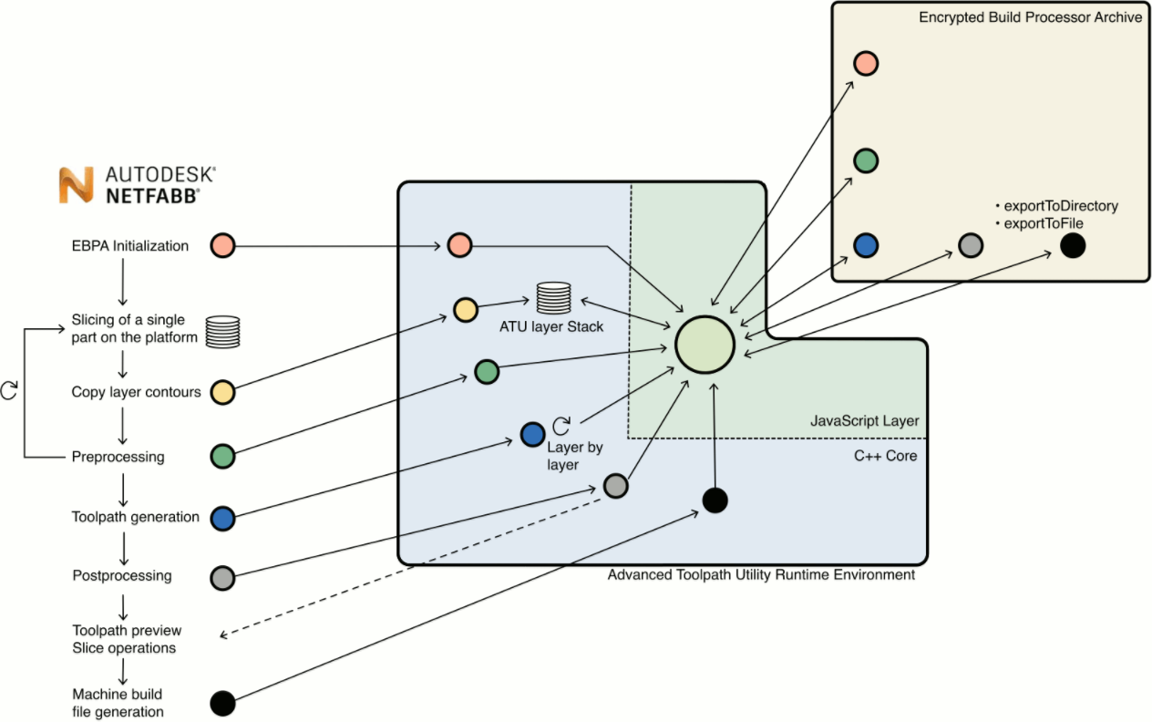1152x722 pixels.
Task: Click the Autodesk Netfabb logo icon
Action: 77,185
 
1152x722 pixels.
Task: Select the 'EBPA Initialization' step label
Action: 130,246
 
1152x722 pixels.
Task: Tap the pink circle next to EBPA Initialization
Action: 222,246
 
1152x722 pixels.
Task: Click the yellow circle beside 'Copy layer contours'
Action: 222,393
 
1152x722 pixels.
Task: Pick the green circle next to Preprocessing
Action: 222,456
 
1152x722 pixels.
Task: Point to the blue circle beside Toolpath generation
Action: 222,519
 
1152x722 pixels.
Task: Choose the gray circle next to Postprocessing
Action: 222,577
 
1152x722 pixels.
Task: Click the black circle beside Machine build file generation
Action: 222,703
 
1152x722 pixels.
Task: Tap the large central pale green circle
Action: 705,344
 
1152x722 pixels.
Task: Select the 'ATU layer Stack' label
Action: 550,326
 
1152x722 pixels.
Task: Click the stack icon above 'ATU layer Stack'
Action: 552,297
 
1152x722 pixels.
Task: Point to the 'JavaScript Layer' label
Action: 864,421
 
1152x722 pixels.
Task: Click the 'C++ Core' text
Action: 885,456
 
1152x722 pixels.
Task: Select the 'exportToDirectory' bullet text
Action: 1060,206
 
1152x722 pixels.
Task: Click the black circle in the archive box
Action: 1073,244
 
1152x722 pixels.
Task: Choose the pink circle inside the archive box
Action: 865,63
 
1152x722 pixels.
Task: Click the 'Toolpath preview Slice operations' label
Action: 127,639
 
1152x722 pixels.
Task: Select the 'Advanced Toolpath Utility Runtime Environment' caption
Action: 761,575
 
